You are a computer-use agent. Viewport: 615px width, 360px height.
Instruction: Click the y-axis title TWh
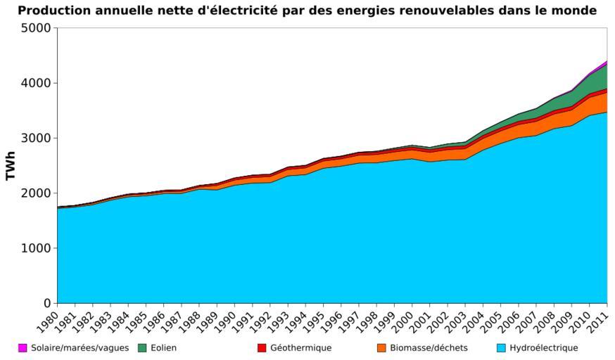[11, 165]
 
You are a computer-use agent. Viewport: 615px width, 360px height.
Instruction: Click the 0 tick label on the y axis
[47, 304]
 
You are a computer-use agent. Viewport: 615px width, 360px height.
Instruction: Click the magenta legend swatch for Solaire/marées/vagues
[23, 348]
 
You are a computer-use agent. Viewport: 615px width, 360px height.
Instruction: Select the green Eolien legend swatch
[142, 348]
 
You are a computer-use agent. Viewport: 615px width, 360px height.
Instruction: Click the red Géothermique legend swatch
[262, 348]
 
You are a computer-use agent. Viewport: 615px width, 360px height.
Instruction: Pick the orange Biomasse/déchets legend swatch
[382, 348]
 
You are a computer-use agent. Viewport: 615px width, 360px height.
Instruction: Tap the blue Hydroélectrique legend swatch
[501, 348]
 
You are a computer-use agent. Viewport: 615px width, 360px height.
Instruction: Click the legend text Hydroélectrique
[543, 348]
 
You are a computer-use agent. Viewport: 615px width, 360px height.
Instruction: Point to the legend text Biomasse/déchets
[429, 348]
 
